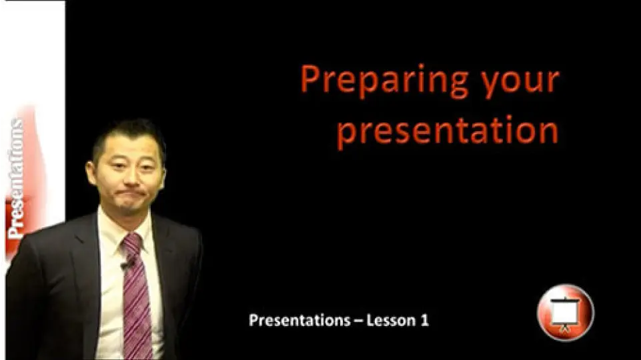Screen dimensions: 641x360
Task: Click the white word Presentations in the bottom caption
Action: tap(299, 321)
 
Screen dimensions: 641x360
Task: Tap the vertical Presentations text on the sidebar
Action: tap(17, 179)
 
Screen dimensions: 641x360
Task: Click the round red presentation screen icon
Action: tap(566, 313)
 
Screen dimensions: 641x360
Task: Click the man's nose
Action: tap(130, 177)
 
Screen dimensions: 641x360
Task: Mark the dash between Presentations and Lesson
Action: tap(358, 321)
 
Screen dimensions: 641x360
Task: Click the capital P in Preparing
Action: tap(309, 79)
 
